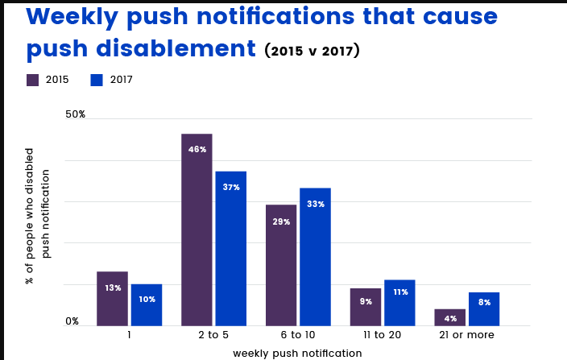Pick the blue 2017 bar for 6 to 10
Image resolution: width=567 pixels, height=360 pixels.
[x=315, y=257]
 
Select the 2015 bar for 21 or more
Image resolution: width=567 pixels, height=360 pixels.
[x=450, y=317]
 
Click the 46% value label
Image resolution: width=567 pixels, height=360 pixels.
[x=197, y=150]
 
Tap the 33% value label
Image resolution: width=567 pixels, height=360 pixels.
[x=316, y=205]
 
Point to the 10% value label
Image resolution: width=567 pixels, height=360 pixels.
[x=147, y=299]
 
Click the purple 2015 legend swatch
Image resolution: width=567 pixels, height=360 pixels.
[x=33, y=80]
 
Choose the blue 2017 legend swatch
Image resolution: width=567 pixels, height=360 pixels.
[x=97, y=80]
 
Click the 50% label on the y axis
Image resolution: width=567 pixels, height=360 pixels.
[x=76, y=114]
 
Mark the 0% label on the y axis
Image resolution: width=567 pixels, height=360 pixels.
[x=72, y=321]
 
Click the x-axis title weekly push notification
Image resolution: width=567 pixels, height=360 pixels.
[x=297, y=353]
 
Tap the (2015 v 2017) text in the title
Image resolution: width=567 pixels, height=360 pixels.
[x=312, y=51]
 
